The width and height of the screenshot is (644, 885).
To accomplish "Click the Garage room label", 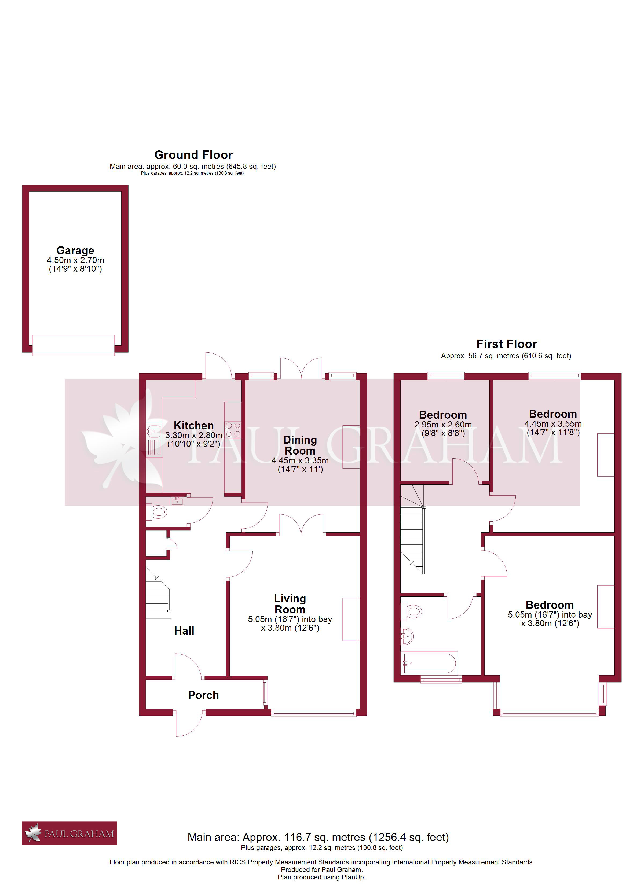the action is (x=75, y=250).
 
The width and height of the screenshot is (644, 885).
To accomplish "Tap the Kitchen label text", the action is (x=194, y=425).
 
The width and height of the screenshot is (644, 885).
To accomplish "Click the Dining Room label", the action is (x=300, y=445).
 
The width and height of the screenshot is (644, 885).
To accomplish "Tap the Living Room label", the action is (x=290, y=604).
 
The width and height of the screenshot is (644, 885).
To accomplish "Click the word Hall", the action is (x=184, y=631).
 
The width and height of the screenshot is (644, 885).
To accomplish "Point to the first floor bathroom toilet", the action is (x=413, y=611).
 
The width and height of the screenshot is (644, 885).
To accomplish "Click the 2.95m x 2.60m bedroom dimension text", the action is (x=443, y=425).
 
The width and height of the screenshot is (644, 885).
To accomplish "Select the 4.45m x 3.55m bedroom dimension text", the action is (x=553, y=424).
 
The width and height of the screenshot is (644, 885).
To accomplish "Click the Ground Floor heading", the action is (x=194, y=155).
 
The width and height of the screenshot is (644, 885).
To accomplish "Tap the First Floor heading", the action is (x=507, y=344).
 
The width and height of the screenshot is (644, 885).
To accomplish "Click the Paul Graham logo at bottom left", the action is (x=69, y=834).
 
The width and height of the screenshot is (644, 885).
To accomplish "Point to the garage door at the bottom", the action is (x=74, y=345).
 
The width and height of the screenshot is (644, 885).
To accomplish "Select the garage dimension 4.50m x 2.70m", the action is (x=75, y=260).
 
